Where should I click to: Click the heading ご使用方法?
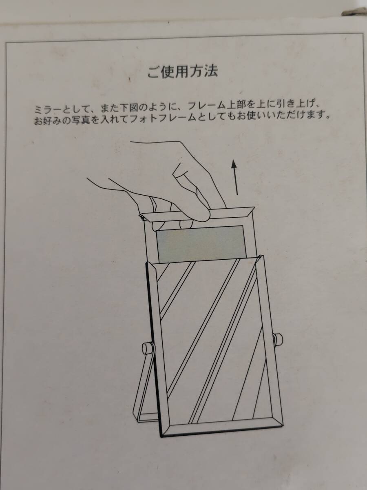(x=183, y=72)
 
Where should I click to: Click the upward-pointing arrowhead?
(x=234, y=164)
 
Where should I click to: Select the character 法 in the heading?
(x=210, y=71)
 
